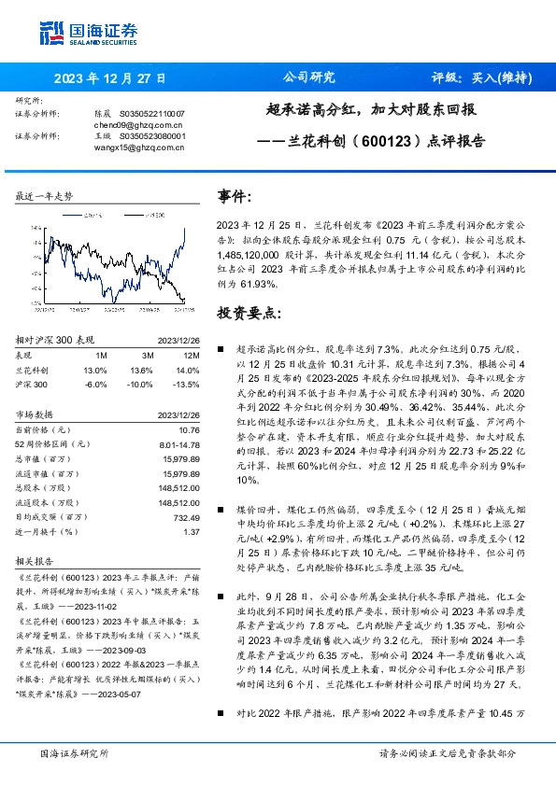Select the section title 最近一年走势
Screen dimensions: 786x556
click(44, 197)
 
